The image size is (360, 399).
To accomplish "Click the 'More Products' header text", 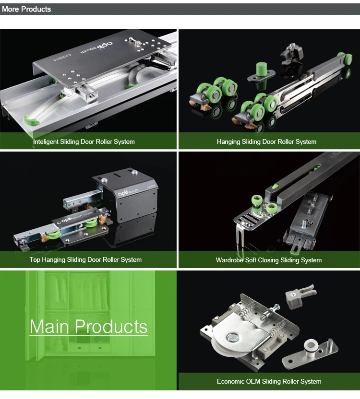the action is (x=26, y=9).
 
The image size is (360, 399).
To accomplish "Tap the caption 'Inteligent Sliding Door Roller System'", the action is (x=84, y=142).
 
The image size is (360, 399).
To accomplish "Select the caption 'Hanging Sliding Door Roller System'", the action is (x=266, y=142).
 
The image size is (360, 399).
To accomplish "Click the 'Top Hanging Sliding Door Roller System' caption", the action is (x=85, y=259).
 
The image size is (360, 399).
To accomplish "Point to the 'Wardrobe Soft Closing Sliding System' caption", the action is (x=268, y=260).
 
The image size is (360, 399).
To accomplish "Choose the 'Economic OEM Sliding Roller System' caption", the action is (x=269, y=381).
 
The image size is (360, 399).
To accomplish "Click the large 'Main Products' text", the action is (x=88, y=326).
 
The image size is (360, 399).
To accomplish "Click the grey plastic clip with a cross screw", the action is (x=300, y=296).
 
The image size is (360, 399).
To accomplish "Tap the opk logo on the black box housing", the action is (x=123, y=193).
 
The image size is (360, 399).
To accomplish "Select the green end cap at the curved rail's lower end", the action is (x=31, y=120).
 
